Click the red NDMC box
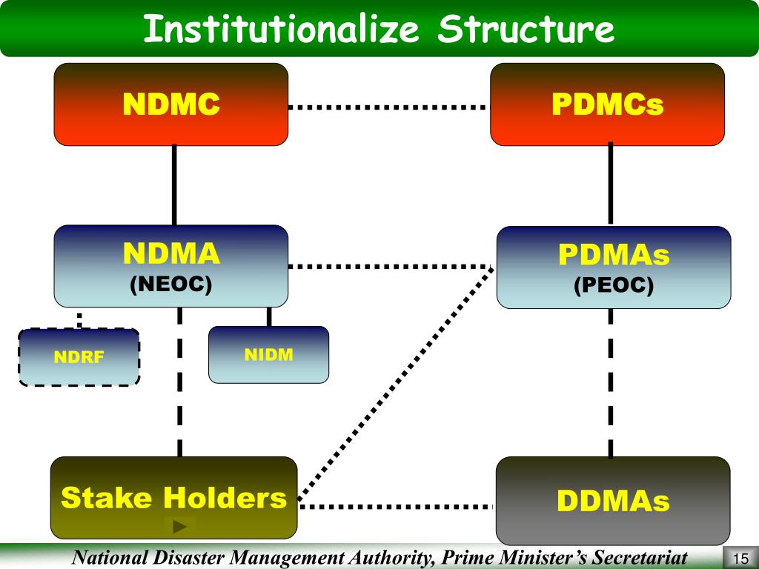click(x=170, y=104)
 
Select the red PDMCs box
click(x=607, y=104)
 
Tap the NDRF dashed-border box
click(x=79, y=357)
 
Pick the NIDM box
click(x=268, y=355)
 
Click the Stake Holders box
click(x=173, y=497)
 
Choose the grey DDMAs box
click(x=612, y=501)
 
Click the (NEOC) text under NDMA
click(x=171, y=284)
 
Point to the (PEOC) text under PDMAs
click(x=613, y=286)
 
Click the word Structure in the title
click(x=526, y=30)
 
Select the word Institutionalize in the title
click(x=281, y=30)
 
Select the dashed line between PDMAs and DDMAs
click(x=611, y=382)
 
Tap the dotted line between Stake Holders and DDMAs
click(x=396, y=507)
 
